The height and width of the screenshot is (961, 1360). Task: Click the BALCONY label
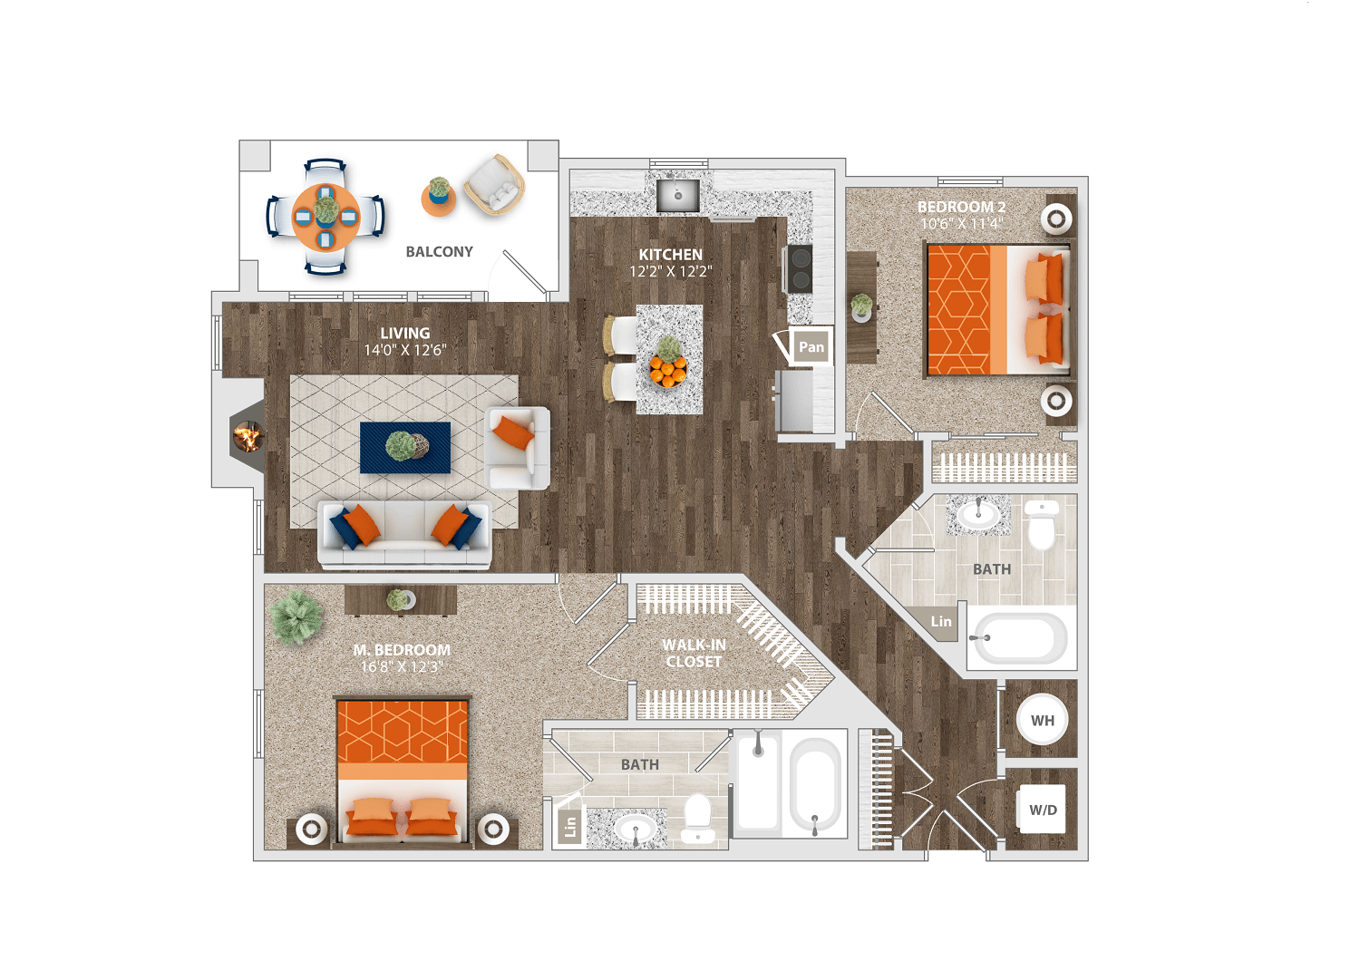(439, 251)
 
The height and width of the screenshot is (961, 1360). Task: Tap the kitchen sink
(677, 195)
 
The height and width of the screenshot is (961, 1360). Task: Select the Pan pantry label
(811, 347)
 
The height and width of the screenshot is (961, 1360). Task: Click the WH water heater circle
(1042, 720)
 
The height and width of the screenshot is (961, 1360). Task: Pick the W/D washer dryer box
(1042, 810)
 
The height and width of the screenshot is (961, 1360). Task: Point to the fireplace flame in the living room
(248, 436)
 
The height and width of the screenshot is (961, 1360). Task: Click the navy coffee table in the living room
(405, 448)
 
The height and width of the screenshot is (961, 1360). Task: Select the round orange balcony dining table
(326, 217)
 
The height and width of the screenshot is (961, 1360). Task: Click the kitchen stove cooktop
(800, 269)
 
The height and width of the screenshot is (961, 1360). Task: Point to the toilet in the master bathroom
(697, 818)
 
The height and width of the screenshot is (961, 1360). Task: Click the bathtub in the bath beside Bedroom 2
(1019, 638)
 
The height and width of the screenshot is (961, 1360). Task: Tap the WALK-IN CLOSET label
(694, 654)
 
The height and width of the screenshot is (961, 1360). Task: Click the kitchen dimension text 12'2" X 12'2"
(670, 271)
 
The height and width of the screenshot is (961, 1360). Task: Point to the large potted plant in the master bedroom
(296, 616)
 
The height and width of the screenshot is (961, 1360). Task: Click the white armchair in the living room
(518, 448)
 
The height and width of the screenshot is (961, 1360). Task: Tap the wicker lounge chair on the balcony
(494, 185)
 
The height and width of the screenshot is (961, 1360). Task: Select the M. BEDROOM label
(402, 649)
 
